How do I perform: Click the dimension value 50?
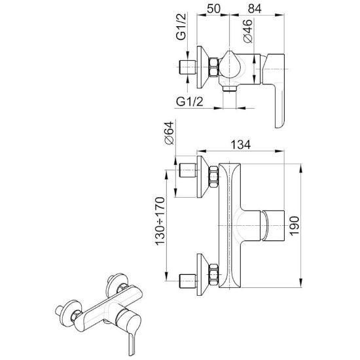213,9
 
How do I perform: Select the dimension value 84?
255,9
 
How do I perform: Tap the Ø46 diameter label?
248,31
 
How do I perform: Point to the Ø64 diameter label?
170,133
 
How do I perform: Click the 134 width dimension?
240,145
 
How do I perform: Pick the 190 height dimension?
295,226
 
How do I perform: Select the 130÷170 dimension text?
160,221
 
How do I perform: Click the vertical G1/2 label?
181,27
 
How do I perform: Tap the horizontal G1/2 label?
190,101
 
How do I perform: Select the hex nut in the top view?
213,67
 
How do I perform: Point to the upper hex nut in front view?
213,177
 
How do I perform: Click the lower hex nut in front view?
213,275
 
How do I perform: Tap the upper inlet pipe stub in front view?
188,170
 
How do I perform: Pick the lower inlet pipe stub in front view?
188,281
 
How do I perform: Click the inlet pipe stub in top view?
188,67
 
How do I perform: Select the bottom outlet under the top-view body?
230,88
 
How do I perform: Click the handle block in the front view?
273,225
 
